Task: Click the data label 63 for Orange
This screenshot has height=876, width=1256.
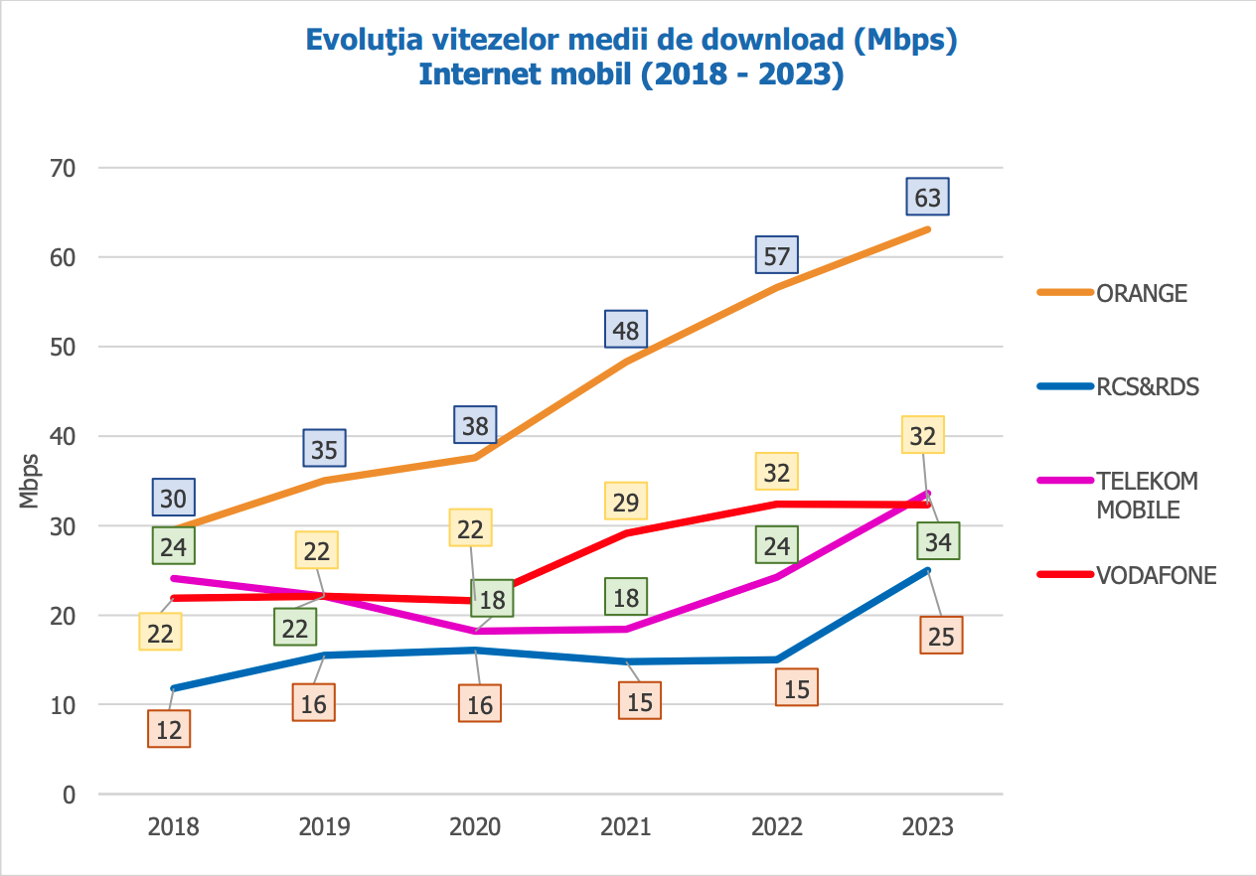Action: [x=927, y=197]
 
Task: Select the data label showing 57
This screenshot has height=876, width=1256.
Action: [x=776, y=256]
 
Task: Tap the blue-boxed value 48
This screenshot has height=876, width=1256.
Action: [x=626, y=329]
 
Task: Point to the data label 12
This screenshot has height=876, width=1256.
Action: [x=169, y=730]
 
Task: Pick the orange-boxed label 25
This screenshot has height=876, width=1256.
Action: [x=940, y=636]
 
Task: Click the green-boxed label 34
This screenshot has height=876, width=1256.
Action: [x=938, y=542]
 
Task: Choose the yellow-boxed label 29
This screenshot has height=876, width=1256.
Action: [x=626, y=502]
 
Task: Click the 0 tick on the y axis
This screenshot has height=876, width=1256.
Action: [x=69, y=795]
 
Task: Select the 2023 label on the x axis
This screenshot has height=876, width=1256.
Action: [x=927, y=827]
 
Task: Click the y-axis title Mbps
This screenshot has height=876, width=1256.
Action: [x=30, y=481]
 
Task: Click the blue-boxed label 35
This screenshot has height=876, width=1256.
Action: [x=324, y=449]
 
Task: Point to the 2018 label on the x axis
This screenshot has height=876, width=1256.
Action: [x=174, y=827]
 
